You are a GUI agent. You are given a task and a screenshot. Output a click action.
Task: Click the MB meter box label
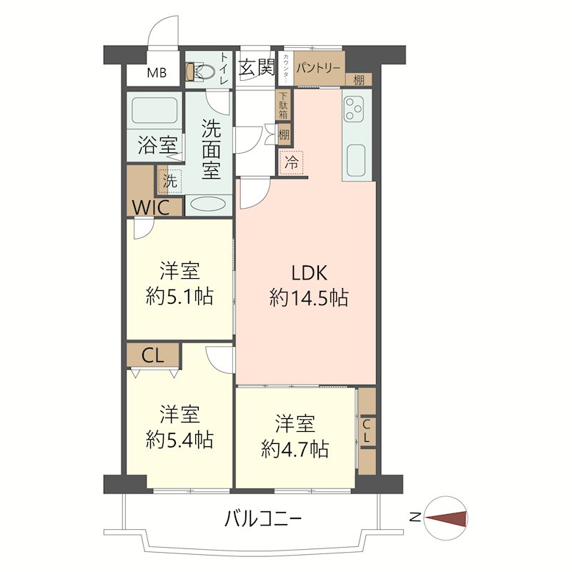click(x=157, y=73)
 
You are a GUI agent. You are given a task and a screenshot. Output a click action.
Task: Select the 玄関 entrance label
click(x=257, y=67)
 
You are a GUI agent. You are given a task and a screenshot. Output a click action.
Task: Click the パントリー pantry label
click(x=318, y=68)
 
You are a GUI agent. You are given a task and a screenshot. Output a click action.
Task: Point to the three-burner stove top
click(x=354, y=109)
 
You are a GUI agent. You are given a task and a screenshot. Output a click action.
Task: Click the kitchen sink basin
click(x=356, y=159)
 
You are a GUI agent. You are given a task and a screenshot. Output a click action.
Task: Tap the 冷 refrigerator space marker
click(x=291, y=162)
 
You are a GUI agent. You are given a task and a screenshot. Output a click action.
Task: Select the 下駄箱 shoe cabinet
click(x=283, y=105)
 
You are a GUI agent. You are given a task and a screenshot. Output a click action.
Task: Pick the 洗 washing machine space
click(x=170, y=181)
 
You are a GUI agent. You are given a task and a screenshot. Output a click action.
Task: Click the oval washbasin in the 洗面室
click(x=209, y=204)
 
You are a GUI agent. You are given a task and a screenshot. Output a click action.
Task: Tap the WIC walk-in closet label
click(x=151, y=208)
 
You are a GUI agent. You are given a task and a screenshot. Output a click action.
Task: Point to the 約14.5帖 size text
click(x=309, y=297)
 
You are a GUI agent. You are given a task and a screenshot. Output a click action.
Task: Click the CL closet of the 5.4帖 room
click(x=153, y=355)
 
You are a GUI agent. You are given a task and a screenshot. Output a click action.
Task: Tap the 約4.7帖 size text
click(x=295, y=449)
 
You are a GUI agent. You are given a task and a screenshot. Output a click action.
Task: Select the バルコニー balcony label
click(x=262, y=519)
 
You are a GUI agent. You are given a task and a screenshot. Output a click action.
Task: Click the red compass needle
click(x=445, y=518)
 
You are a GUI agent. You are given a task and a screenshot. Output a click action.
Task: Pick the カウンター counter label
click(x=286, y=68)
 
